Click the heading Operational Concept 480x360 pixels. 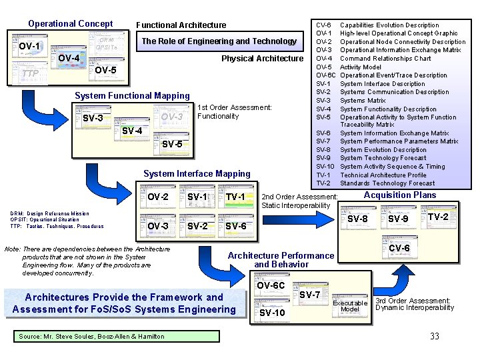click(x=70, y=24)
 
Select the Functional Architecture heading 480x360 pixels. click(x=181, y=25)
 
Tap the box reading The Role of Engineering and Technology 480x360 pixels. click(x=219, y=41)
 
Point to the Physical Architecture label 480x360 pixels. click(x=262, y=59)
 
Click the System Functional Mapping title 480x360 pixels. click(x=132, y=96)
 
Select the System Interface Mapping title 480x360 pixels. click(x=197, y=174)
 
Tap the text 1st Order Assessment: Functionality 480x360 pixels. click(x=235, y=111)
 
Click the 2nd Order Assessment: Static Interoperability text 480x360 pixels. click(x=299, y=201)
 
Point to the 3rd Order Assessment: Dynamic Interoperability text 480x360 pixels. click(x=414, y=304)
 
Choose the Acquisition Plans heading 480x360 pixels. click(x=399, y=195)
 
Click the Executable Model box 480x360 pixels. click(x=350, y=306)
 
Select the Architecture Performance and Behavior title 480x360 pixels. click(x=281, y=260)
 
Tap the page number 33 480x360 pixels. click(x=434, y=337)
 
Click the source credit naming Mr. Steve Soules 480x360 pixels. click(x=91, y=337)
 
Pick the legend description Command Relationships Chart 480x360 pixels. click(x=385, y=59)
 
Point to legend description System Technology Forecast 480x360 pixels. click(x=383, y=158)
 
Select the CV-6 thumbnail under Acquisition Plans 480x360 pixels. click(x=399, y=249)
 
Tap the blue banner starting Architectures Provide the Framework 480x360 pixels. click(x=124, y=303)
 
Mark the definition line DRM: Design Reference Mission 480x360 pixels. click(x=49, y=214)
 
